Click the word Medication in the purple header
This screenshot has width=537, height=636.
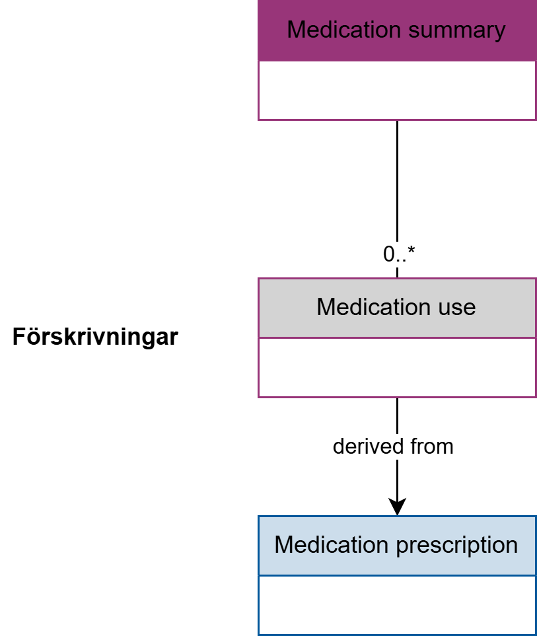(344, 30)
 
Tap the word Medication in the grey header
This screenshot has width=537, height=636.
(374, 306)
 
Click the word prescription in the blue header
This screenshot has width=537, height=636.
(457, 546)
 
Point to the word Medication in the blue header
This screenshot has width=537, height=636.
(332, 544)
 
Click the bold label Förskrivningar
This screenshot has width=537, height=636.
(95, 337)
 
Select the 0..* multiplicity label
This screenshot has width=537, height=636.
(399, 254)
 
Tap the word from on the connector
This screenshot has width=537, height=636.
(432, 446)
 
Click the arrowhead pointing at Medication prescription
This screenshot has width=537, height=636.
(397, 507)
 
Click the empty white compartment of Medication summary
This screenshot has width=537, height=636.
(397, 90)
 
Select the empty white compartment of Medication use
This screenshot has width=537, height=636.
(397, 367)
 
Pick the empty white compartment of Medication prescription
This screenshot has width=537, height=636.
(397, 605)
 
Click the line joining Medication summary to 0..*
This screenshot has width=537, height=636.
(397, 181)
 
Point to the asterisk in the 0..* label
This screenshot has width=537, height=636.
(412, 250)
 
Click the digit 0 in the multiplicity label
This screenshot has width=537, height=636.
(388, 254)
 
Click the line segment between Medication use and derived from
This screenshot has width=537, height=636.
(397, 415)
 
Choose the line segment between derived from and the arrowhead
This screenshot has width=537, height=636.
(397, 479)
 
